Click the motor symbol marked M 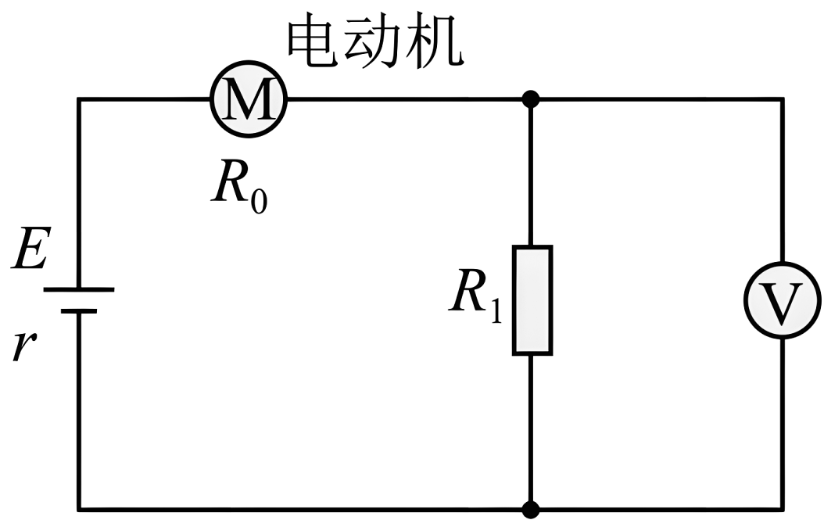point(249,99)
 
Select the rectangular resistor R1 point(532,300)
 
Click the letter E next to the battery point(29,253)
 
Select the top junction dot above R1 point(532,99)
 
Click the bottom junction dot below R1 point(532,510)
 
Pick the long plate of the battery point(78,289)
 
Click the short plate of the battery point(78,310)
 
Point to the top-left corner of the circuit point(78,99)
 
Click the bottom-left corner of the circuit point(78,510)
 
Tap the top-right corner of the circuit point(783,99)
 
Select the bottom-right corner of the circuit point(783,510)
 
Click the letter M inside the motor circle point(249,100)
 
